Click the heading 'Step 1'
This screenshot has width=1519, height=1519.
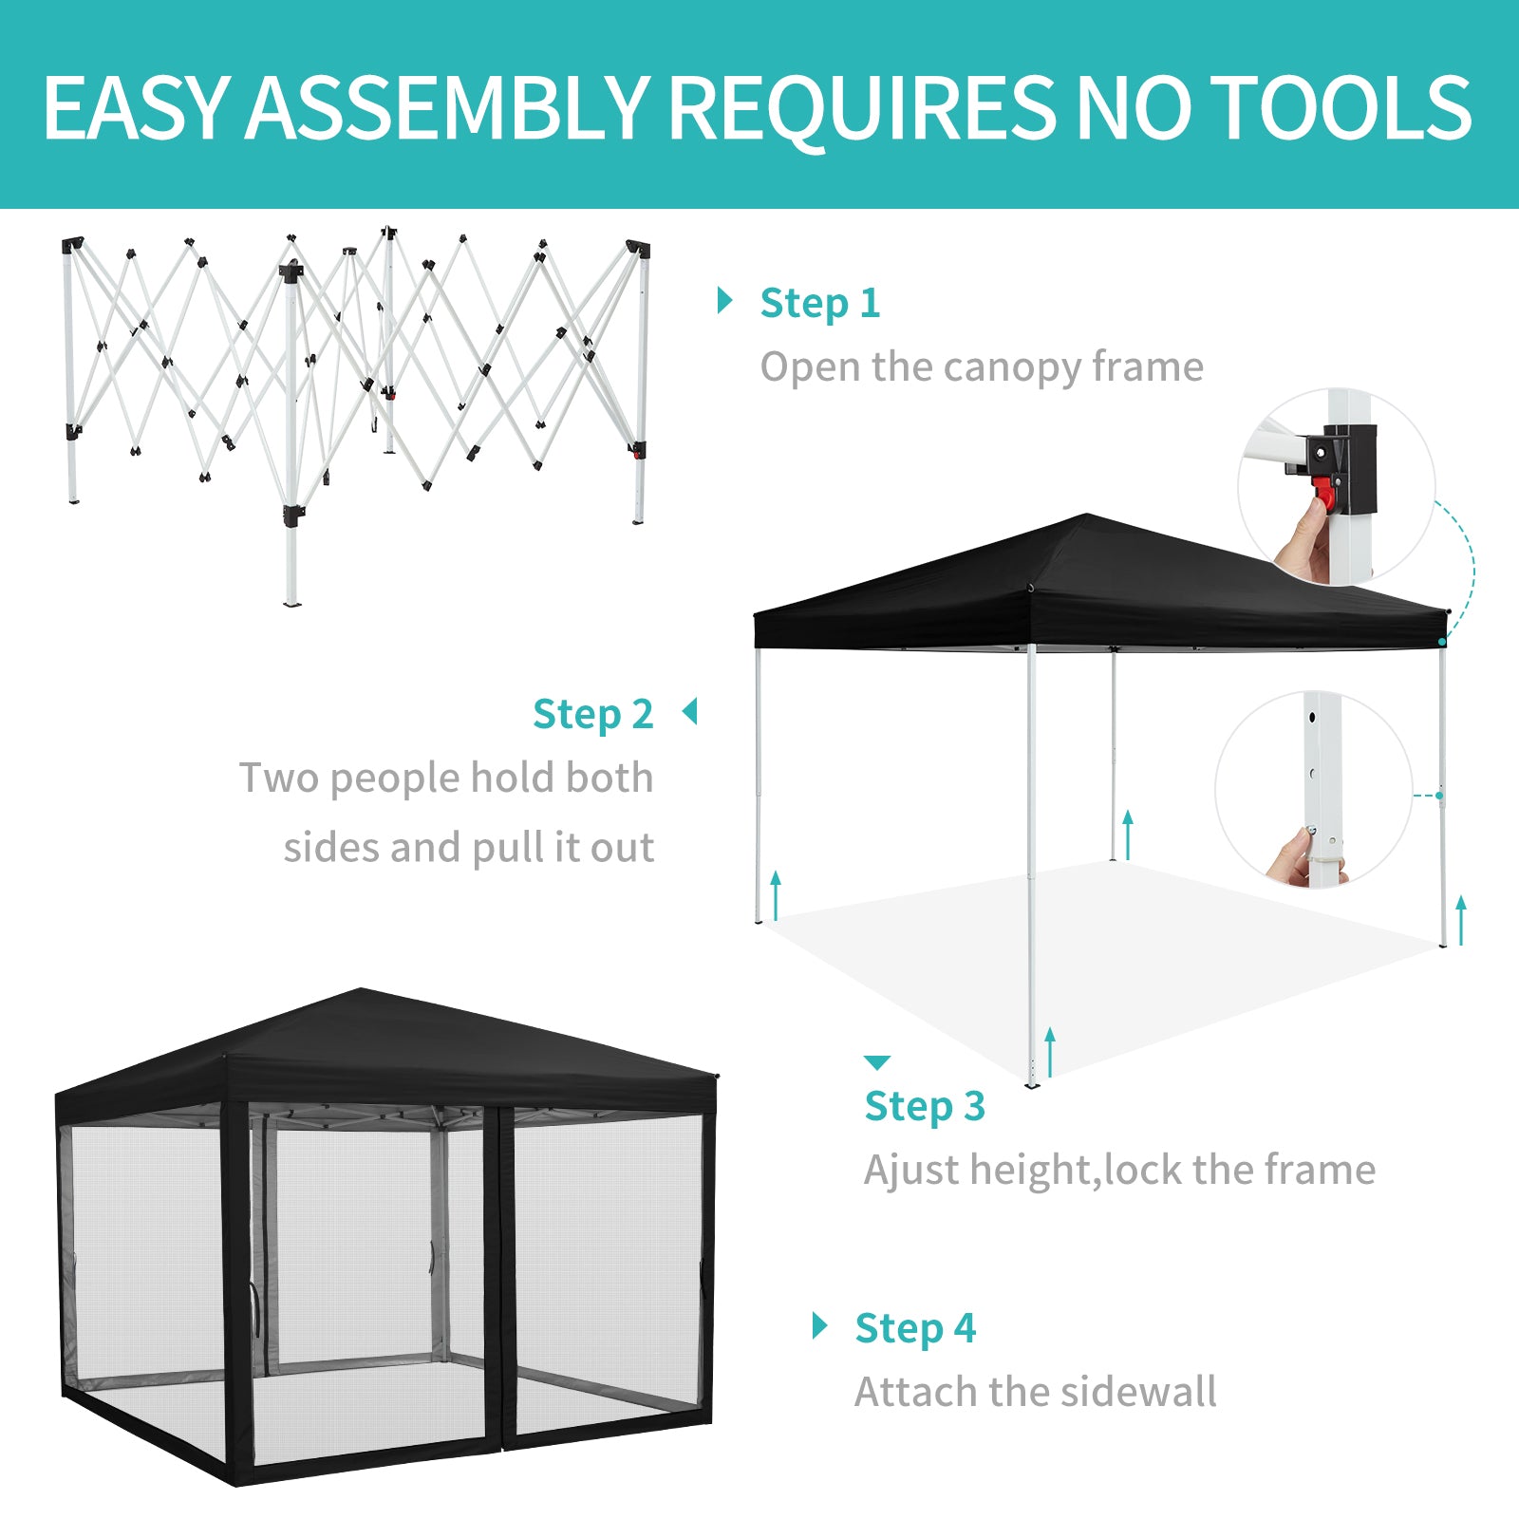click(x=820, y=304)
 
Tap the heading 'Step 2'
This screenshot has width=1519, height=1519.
click(x=593, y=715)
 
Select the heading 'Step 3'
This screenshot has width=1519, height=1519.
click(x=925, y=1107)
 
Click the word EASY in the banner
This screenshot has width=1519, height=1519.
click(x=137, y=107)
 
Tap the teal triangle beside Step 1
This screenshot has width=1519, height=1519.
click(x=725, y=301)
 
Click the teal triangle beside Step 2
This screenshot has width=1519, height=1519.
click(x=690, y=711)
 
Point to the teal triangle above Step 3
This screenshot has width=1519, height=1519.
click(x=877, y=1061)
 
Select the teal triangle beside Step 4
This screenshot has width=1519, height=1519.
click(x=820, y=1325)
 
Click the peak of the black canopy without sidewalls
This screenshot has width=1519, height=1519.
click(x=1087, y=516)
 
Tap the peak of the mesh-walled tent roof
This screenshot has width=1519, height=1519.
click(x=361, y=990)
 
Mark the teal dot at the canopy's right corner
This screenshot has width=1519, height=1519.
click(x=1442, y=643)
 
